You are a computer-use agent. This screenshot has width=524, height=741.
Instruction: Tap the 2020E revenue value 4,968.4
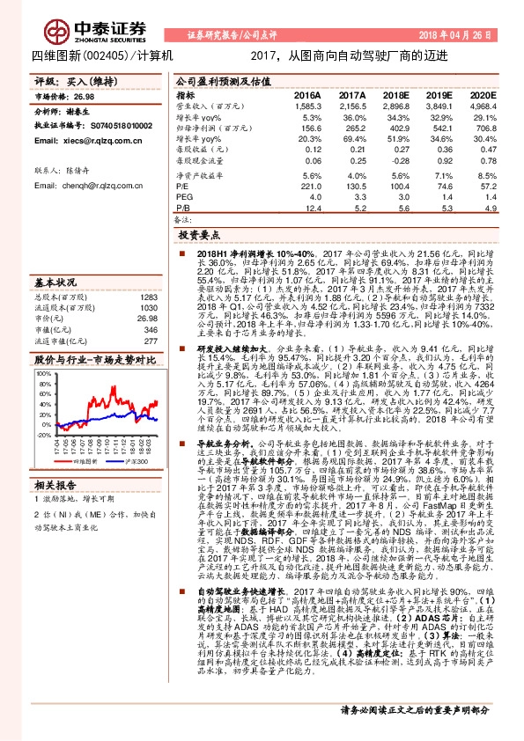(x=483, y=106)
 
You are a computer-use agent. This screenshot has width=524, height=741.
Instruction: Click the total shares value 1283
(x=147, y=297)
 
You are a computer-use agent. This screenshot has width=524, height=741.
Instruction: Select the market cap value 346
(x=149, y=329)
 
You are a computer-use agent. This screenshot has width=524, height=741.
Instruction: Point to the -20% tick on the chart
(x=43, y=434)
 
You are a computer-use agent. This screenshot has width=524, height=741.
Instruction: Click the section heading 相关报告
(x=55, y=485)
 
